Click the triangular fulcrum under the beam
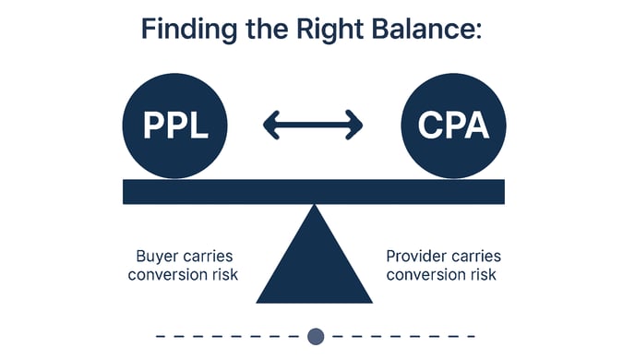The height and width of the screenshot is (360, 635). coord(314,268)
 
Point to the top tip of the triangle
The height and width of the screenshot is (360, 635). coord(314,208)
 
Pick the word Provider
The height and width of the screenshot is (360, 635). coord(414,256)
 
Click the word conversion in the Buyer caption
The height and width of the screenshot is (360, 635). coord(167,275)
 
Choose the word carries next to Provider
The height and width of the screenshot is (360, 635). coord(473,256)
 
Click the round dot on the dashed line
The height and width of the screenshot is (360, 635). coord(316,336)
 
